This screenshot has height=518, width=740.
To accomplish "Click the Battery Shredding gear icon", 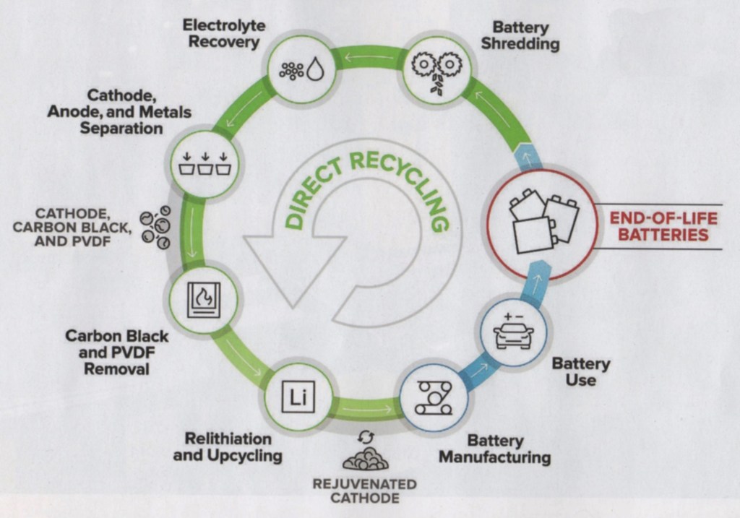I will pyautogui.click(x=436, y=70).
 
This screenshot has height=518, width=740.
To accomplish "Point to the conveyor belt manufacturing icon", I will pyautogui.click(x=434, y=397).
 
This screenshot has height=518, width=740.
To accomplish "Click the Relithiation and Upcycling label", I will pyautogui.click(x=228, y=447).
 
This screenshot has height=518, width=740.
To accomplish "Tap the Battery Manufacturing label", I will pyautogui.click(x=494, y=449).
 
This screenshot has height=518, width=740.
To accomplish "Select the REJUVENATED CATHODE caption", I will pyautogui.click(x=364, y=491).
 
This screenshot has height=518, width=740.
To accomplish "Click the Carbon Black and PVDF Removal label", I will pyautogui.click(x=116, y=353).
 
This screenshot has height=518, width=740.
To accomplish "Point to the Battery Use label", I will pyautogui.click(x=580, y=371).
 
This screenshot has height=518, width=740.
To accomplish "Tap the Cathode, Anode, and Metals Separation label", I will pyautogui.click(x=120, y=112).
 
